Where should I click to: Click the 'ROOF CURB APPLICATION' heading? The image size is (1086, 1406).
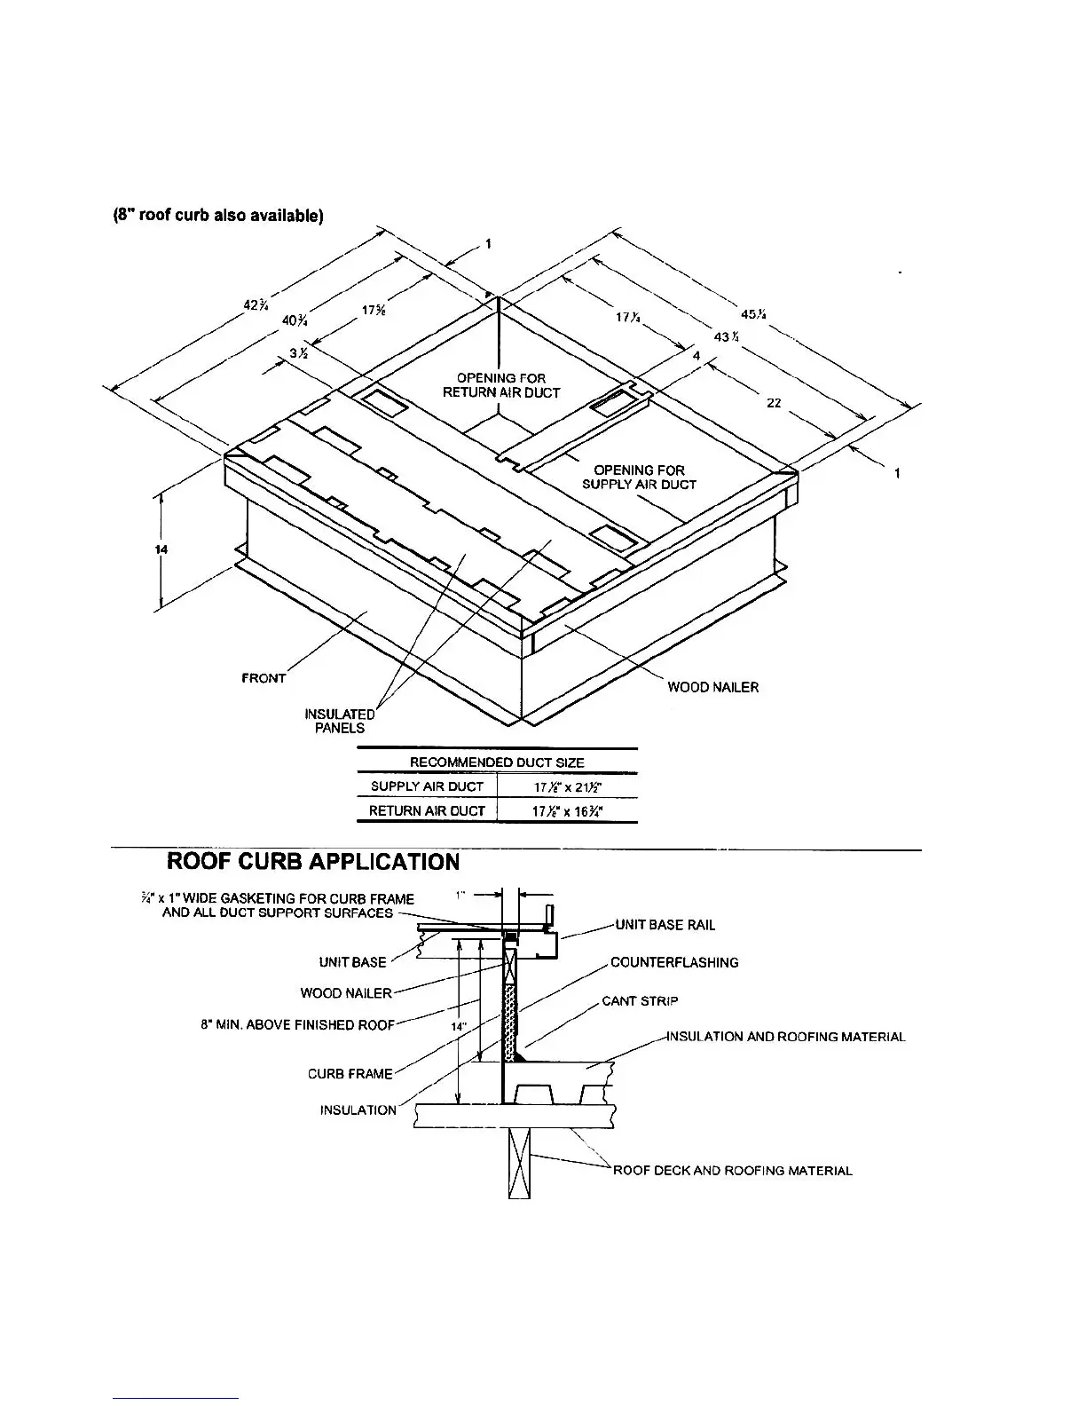313,862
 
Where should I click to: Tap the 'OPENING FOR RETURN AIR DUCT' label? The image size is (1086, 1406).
501,385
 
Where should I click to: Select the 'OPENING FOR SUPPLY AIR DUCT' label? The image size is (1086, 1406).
639,477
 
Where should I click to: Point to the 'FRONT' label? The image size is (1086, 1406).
264,678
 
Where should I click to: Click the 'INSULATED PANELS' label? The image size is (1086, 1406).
340,721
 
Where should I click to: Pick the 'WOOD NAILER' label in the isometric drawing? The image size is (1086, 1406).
713,687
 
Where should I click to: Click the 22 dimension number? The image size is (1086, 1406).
774,403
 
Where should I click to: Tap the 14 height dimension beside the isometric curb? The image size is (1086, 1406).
161,549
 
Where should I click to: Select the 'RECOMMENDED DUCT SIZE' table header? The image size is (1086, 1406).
497,762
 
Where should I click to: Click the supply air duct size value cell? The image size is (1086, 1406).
567,787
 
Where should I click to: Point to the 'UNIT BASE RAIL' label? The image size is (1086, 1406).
665,925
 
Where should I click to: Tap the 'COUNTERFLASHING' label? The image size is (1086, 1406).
674,962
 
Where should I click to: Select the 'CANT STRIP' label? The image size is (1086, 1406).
640,1001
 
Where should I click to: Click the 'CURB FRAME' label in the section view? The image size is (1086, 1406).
350,1074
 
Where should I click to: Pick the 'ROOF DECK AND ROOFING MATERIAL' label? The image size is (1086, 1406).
732,1171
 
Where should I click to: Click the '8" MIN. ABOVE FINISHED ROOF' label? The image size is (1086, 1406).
298,1025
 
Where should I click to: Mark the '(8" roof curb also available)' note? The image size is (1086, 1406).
216,218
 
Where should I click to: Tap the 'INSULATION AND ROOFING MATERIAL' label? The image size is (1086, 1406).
786,1037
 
